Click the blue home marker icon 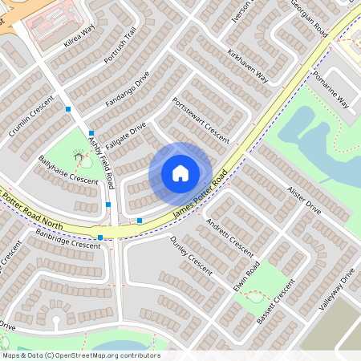pyautogui.click(x=180, y=172)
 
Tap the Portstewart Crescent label pyautogui.click(x=201, y=118)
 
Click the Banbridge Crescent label pyautogui.click(x=68, y=238)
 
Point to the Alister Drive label pyautogui.click(x=302, y=197)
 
